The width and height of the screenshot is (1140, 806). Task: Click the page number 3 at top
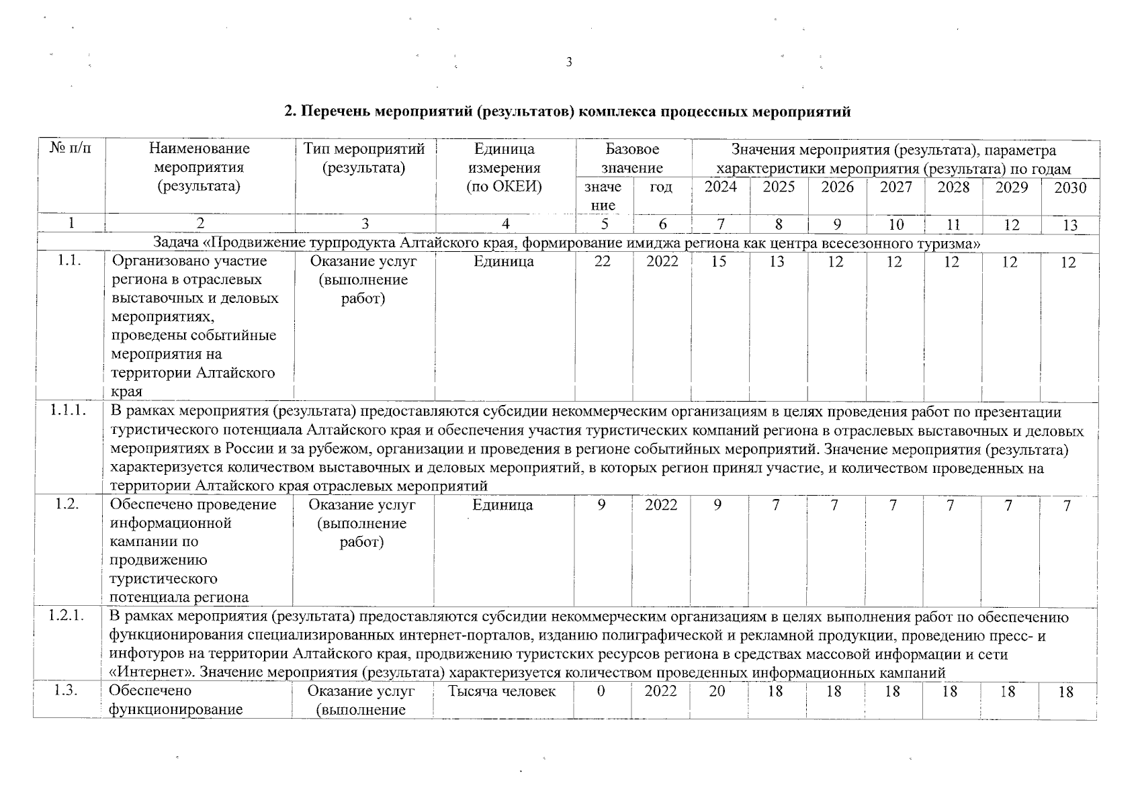pyautogui.click(x=569, y=62)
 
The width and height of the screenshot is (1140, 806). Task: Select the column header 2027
pyautogui.click(x=895, y=187)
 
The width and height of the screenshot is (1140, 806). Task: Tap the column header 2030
pyautogui.click(x=1069, y=188)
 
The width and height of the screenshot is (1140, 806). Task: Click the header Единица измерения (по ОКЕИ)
pyautogui.click(x=505, y=167)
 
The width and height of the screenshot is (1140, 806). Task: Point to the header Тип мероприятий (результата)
pyautogui.click(x=364, y=158)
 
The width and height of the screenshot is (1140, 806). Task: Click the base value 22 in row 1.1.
pyautogui.click(x=603, y=262)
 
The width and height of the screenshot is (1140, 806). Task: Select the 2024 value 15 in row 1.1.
pyautogui.click(x=719, y=262)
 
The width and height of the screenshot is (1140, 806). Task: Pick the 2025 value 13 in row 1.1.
pyautogui.click(x=777, y=262)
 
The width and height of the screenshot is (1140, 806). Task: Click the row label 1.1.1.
pyautogui.click(x=68, y=411)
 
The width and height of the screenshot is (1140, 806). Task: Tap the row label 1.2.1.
pyautogui.click(x=67, y=616)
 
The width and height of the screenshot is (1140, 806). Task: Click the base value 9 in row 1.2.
pyautogui.click(x=602, y=505)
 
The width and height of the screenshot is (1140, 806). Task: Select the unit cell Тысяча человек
pyautogui.click(x=502, y=691)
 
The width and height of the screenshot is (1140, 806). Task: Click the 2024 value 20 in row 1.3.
pyautogui.click(x=717, y=691)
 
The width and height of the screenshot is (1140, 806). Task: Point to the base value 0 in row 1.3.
pyautogui.click(x=601, y=691)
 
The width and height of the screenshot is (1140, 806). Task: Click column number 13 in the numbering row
pyautogui.click(x=1069, y=226)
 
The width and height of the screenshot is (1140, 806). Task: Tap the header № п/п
pyautogui.click(x=71, y=148)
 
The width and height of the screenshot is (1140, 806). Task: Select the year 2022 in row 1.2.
pyautogui.click(x=661, y=505)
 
